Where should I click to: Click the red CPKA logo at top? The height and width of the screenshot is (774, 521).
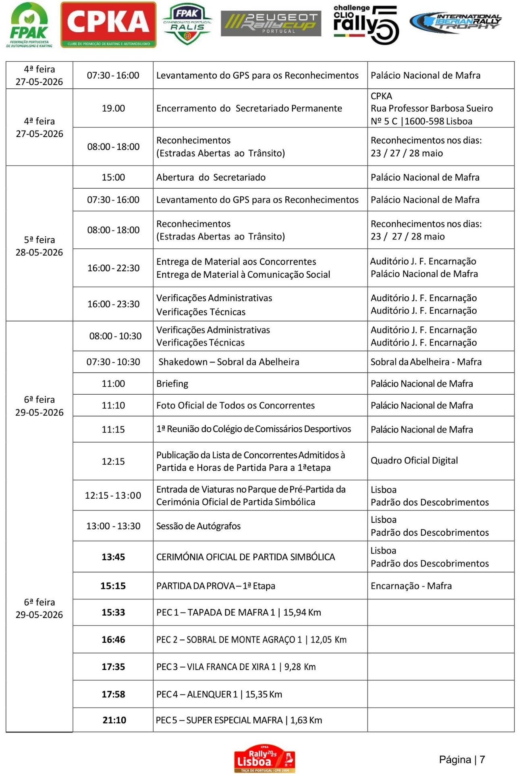(108, 25)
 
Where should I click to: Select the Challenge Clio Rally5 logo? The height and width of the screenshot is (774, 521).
(365, 24)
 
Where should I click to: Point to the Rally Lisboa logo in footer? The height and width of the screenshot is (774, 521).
(265, 758)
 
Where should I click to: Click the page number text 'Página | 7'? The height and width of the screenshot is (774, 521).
(462, 759)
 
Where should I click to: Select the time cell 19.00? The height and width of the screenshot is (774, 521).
(113, 108)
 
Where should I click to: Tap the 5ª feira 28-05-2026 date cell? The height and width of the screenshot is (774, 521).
(39, 246)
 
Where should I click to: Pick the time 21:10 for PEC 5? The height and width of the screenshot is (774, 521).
(114, 720)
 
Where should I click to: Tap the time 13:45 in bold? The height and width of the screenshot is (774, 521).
(113, 557)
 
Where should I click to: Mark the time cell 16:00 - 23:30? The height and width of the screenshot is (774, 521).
(113, 304)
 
